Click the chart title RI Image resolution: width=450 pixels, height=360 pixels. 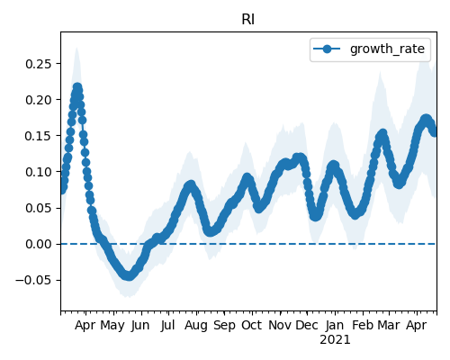click(248, 20)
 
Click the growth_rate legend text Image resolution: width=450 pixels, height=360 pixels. click(387, 49)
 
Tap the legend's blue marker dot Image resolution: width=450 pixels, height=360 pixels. click(327, 49)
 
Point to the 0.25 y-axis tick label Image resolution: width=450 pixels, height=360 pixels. click(39, 64)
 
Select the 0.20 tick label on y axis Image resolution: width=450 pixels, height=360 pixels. click(39, 100)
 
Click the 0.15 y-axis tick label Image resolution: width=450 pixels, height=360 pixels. click(39, 136)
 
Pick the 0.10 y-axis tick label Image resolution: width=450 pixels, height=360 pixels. click(39, 172)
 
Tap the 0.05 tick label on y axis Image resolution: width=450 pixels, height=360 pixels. click(39, 208)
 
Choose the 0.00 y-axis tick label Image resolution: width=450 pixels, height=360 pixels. click(39, 244)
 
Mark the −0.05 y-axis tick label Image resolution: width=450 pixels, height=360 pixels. click(33, 280)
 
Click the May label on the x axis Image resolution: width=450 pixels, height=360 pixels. click(112, 326)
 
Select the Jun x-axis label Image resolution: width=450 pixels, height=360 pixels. click(140, 326)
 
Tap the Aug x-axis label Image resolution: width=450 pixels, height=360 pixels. click(196, 326)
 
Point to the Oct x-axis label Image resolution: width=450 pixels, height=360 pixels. click(252, 326)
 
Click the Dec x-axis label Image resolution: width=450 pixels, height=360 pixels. click(307, 326)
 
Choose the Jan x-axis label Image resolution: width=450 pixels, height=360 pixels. click(335, 326)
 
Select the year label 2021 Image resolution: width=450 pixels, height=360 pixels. click(335, 340)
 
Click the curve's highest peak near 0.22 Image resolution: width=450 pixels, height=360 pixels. click(77, 87)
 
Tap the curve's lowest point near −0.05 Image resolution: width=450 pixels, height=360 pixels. click(129, 276)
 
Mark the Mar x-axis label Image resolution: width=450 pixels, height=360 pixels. click(389, 326)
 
